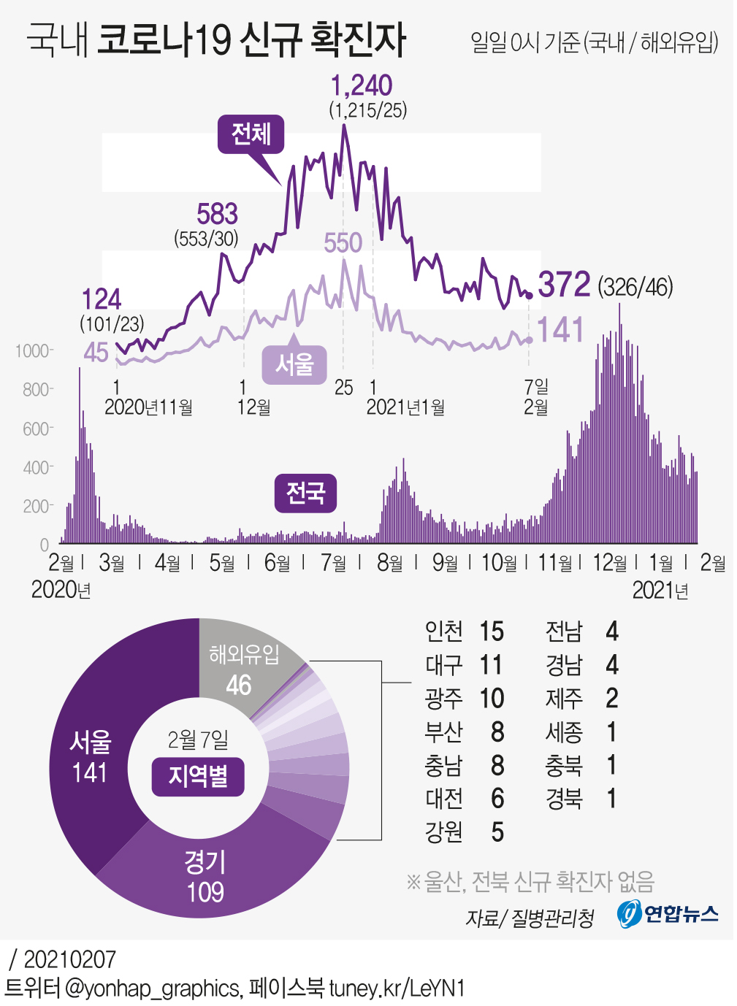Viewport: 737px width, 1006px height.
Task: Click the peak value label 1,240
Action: (x=362, y=85)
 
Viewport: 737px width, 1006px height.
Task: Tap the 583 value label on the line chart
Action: (x=217, y=214)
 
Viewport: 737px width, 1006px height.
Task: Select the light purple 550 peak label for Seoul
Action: (x=343, y=242)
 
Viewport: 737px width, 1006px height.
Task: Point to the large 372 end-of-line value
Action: (x=564, y=284)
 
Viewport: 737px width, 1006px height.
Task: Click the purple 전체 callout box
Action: (x=251, y=134)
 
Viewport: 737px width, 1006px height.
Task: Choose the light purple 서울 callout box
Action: (x=294, y=364)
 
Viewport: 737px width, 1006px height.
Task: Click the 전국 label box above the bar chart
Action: (x=305, y=493)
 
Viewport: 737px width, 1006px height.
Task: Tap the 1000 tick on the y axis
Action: (x=32, y=351)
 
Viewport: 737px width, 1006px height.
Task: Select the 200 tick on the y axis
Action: (x=37, y=506)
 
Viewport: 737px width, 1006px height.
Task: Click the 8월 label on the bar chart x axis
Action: (x=389, y=563)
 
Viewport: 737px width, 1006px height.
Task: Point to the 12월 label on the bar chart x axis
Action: (x=609, y=563)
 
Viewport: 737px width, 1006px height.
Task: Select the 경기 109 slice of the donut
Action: (x=205, y=876)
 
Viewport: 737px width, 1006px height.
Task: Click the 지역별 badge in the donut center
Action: (x=198, y=776)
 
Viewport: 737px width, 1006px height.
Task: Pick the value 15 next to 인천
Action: (x=492, y=631)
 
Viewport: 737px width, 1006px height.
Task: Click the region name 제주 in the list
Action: (x=564, y=699)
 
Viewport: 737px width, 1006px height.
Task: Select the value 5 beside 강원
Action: (x=497, y=832)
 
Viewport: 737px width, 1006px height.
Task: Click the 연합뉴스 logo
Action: (x=668, y=913)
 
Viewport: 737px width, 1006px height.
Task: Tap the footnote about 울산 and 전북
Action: (x=530, y=882)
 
